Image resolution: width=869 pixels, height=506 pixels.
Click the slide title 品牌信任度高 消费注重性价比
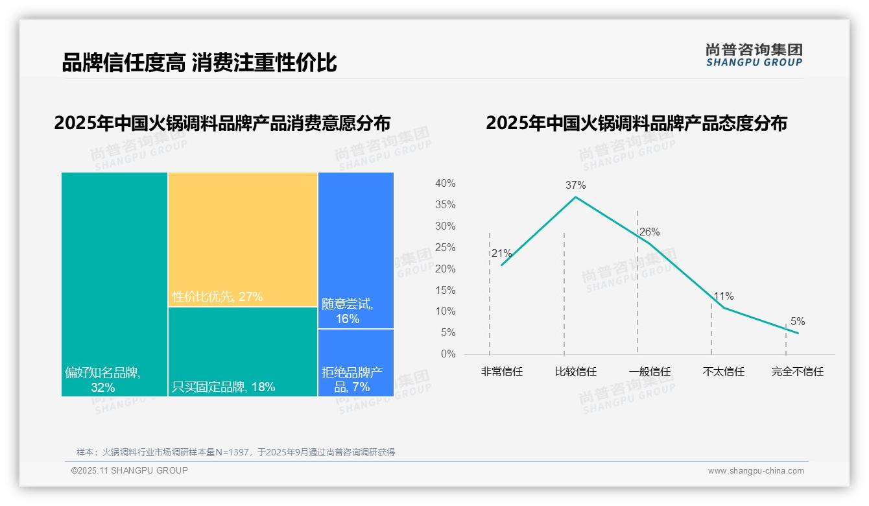(x=199, y=62)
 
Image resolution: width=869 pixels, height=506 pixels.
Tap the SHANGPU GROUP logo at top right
(x=754, y=55)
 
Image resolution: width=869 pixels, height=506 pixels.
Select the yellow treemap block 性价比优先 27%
(x=243, y=239)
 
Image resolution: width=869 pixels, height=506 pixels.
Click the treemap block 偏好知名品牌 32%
(x=114, y=284)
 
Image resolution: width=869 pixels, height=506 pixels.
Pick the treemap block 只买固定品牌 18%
(x=243, y=351)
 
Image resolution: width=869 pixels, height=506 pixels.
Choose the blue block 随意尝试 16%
(x=355, y=250)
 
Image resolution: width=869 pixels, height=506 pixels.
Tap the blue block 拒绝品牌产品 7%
(x=355, y=363)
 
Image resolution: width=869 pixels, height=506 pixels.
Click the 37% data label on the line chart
(x=575, y=185)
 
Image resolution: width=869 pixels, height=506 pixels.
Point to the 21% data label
(x=501, y=253)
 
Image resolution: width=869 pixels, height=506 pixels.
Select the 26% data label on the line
(x=649, y=232)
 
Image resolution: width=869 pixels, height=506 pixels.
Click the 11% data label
(x=723, y=296)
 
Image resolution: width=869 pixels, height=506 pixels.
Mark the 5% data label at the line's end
(x=797, y=321)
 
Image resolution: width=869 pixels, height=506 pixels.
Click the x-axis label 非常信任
(x=501, y=372)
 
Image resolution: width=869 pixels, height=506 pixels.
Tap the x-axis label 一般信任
(x=649, y=372)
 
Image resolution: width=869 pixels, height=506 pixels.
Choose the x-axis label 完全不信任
(x=797, y=372)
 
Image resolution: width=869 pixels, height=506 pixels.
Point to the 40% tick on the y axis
(x=445, y=184)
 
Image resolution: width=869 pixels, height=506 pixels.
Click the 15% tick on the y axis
(x=445, y=290)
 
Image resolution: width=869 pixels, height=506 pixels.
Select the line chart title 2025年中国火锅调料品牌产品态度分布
(x=636, y=123)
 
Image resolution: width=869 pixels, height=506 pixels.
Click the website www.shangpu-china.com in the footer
(x=756, y=471)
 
